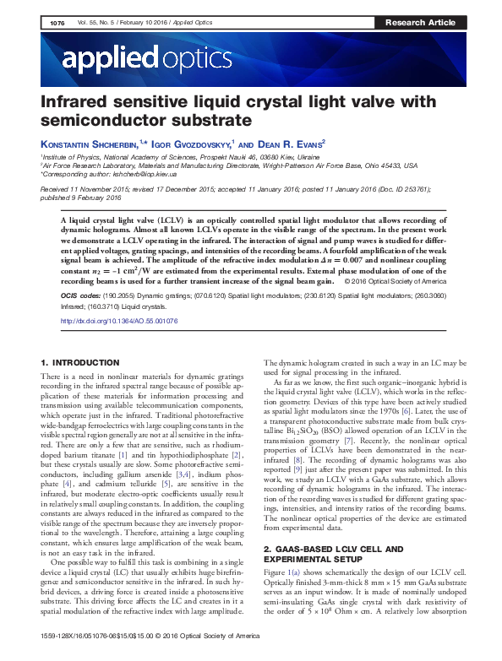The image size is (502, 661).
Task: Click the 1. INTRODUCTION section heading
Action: coord(77,361)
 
